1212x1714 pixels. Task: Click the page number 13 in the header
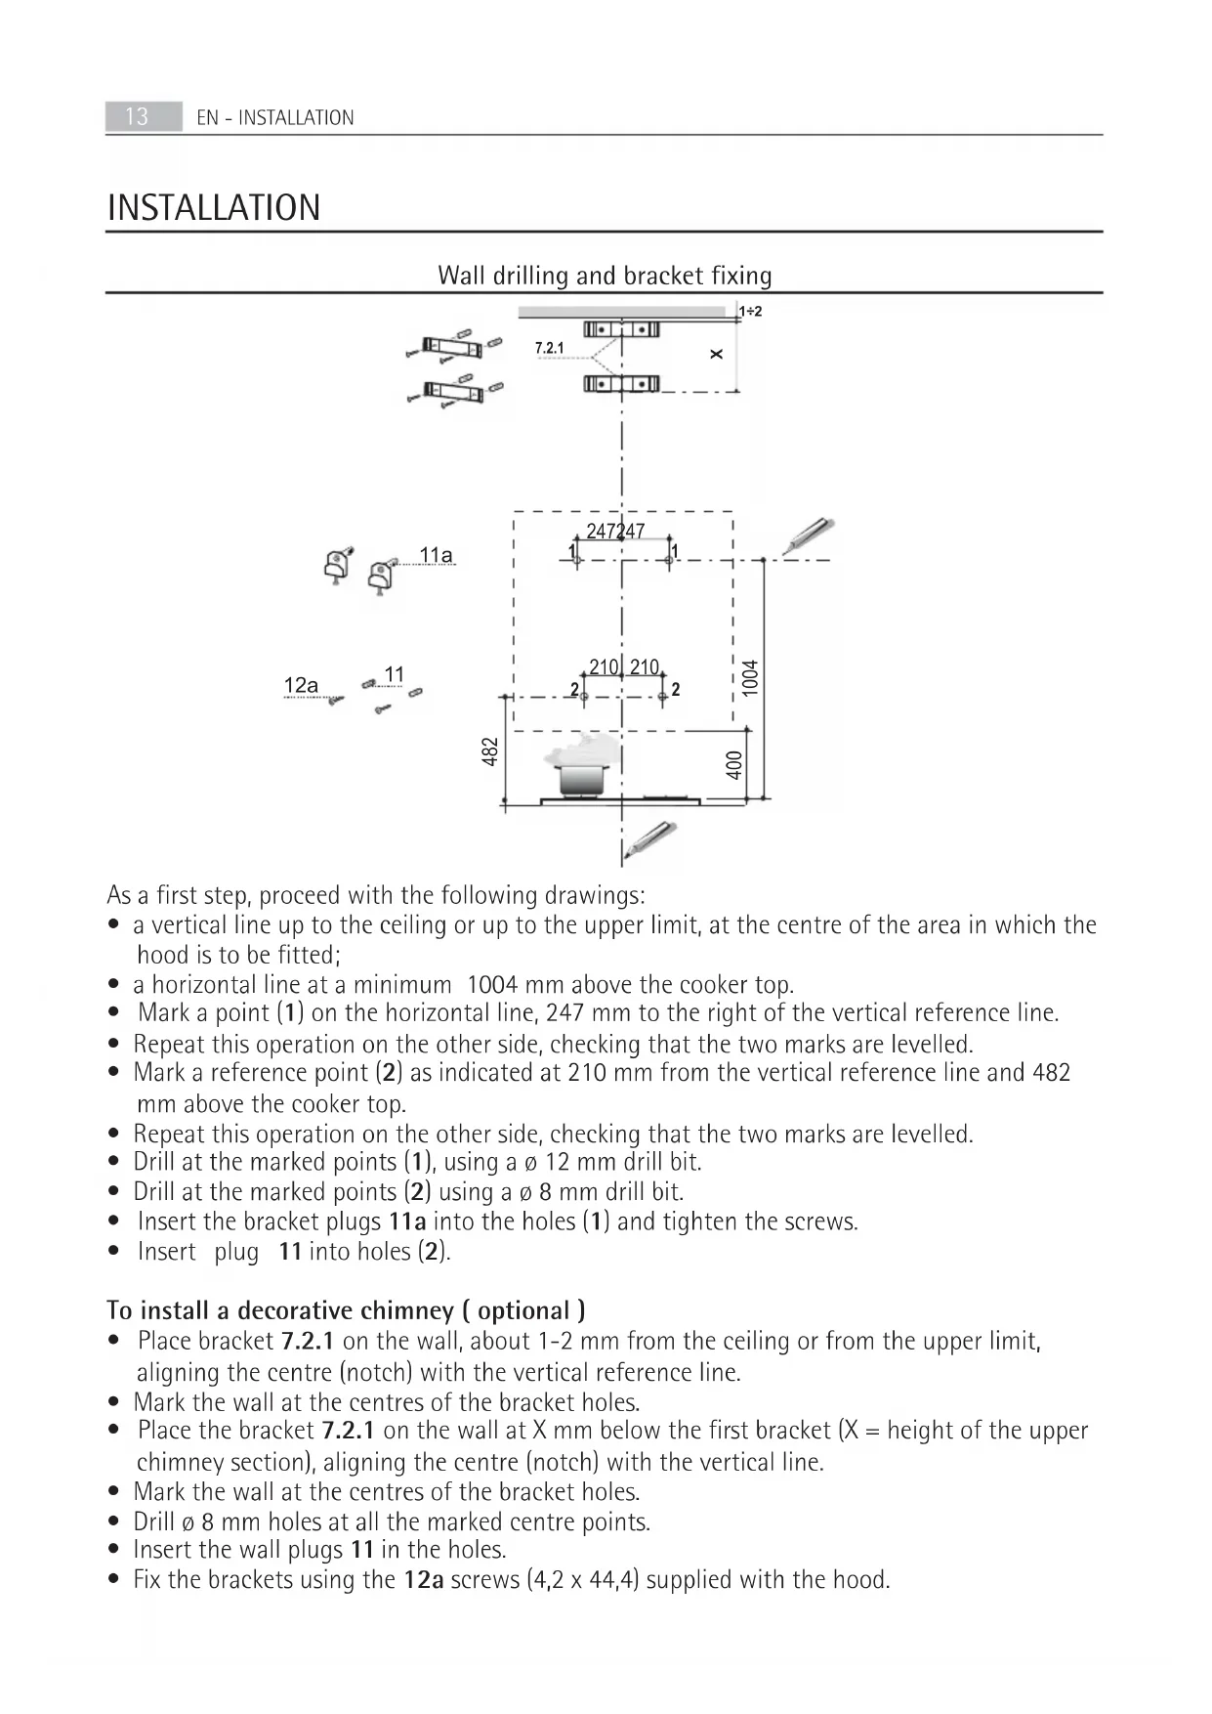pyautogui.click(x=137, y=116)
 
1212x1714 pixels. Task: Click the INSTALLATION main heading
pyautogui.click(x=214, y=208)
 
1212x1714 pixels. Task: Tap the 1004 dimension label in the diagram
pyautogui.click(x=750, y=677)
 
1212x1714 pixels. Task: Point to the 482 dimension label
pyautogui.click(x=491, y=751)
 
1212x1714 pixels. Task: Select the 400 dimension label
pyautogui.click(x=734, y=764)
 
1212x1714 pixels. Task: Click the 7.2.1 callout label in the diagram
pyautogui.click(x=549, y=348)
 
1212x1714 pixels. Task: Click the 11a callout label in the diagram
pyautogui.click(x=436, y=556)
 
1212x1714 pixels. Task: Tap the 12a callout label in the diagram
pyautogui.click(x=301, y=686)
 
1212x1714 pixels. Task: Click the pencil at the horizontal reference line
pyautogui.click(x=810, y=536)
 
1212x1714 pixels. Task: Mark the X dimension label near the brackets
pyautogui.click(x=717, y=354)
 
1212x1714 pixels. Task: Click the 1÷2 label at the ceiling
pyautogui.click(x=750, y=312)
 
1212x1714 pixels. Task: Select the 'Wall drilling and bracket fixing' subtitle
pyautogui.click(x=605, y=276)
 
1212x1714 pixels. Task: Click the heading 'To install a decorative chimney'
pyautogui.click(x=346, y=1310)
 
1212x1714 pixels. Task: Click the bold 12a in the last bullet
pyautogui.click(x=424, y=1580)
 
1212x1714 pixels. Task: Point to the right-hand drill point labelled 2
pyautogui.click(x=663, y=695)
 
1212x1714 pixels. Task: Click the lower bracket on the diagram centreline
pyautogui.click(x=621, y=384)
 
